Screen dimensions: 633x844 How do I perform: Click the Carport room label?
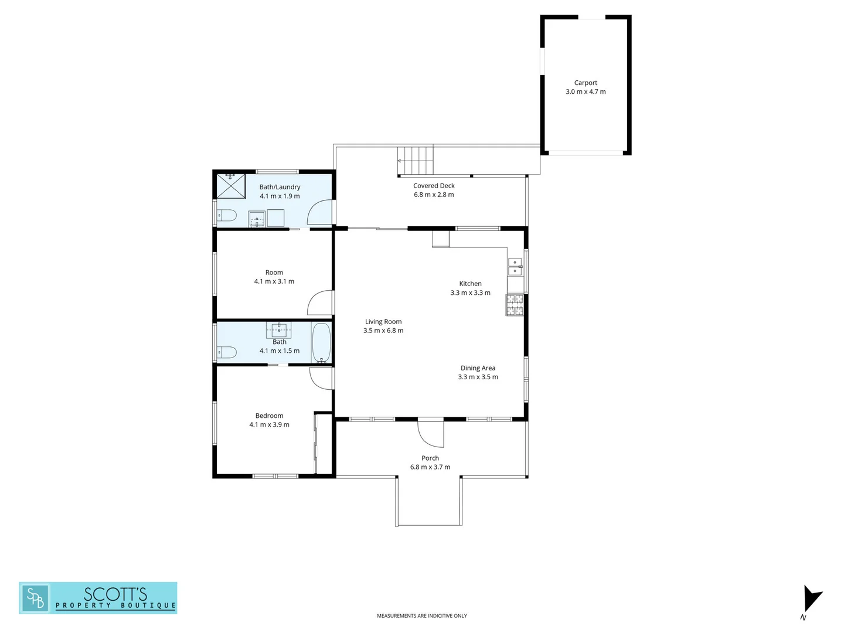point(586,83)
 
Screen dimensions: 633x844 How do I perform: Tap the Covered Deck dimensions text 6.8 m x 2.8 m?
point(434,195)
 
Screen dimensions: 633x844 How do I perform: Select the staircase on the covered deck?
point(416,160)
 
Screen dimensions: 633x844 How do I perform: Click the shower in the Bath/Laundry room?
point(231,186)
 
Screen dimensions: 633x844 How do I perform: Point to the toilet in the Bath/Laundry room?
point(226,216)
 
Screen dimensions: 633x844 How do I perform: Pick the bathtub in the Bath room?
point(321,342)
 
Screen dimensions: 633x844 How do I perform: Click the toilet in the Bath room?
point(226,352)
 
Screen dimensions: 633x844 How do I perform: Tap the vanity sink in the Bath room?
point(280,329)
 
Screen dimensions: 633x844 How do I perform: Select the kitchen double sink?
point(515,267)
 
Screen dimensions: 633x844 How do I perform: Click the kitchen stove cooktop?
point(515,305)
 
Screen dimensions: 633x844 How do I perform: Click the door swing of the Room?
point(320,303)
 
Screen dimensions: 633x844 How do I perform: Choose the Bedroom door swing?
point(322,377)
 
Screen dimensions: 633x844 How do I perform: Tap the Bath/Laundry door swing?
point(320,213)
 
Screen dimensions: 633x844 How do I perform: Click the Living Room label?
point(383,321)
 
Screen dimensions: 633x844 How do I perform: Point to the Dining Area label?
point(478,368)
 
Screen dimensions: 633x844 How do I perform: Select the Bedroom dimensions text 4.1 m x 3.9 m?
point(269,424)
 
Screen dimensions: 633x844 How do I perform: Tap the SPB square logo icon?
point(35,598)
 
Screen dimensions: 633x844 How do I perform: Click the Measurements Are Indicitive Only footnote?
point(421,615)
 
